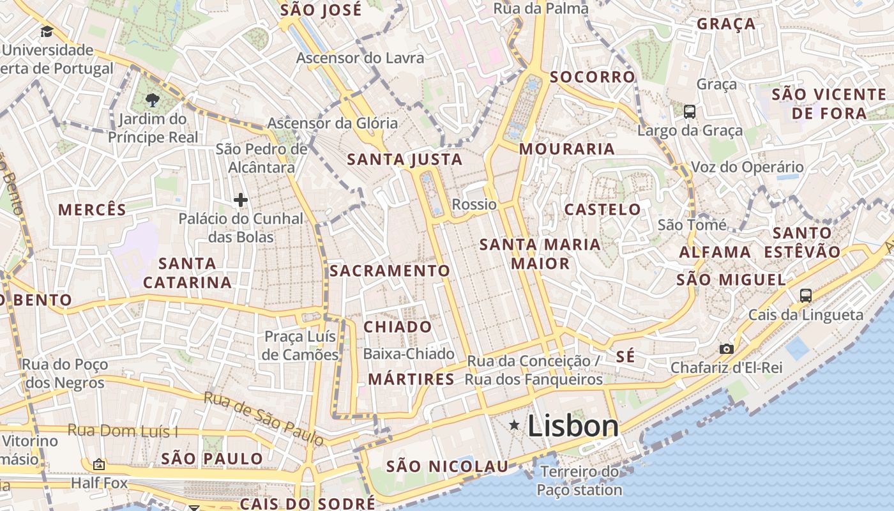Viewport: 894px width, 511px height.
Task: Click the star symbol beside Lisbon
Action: pos(514,425)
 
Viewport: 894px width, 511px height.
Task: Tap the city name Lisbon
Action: pos(573,427)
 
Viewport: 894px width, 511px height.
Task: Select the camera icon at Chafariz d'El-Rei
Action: pos(726,349)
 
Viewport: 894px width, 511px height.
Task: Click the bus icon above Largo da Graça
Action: pos(690,112)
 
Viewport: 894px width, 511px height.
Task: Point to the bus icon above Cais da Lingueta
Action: pos(806,295)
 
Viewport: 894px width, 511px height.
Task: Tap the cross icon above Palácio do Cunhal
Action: pos(241,201)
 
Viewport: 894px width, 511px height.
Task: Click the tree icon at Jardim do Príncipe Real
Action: pos(152,100)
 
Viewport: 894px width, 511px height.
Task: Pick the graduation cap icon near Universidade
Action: pos(47,31)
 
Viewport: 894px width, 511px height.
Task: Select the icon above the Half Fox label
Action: pos(99,464)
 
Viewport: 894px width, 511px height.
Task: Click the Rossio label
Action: pos(474,204)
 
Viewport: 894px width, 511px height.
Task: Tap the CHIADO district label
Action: pos(398,327)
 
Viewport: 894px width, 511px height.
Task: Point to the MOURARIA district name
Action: pos(567,149)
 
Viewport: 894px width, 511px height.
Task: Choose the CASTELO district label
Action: pos(603,210)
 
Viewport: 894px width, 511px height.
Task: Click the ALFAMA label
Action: pos(715,252)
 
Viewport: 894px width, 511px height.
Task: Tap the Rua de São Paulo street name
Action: pos(264,418)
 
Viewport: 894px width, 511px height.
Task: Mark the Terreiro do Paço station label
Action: pos(579,481)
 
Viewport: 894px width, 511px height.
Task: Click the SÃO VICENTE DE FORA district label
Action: pos(830,104)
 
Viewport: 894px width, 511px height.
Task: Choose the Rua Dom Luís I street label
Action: pos(123,431)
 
